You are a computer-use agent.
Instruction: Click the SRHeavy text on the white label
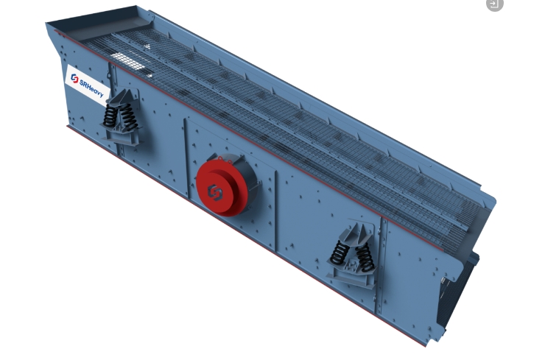[x=91, y=88]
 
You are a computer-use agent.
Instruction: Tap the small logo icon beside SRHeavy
[x=74, y=79]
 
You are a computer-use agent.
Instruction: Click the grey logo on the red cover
[x=214, y=192]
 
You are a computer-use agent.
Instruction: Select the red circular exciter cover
[x=222, y=188]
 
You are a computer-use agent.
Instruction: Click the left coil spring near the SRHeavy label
[x=110, y=115]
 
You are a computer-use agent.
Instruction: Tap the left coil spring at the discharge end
[x=339, y=253]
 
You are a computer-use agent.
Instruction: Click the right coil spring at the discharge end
[x=365, y=258]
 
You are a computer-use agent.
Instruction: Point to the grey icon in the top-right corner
[x=495, y=4]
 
